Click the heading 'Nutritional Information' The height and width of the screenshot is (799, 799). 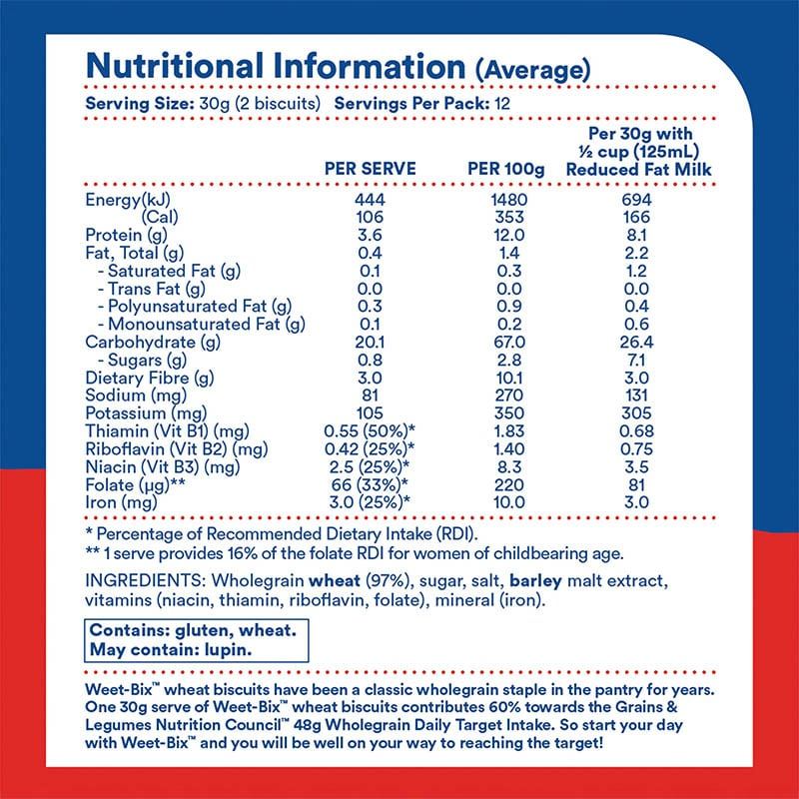pyautogui.click(x=276, y=66)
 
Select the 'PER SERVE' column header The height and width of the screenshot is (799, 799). pyautogui.click(x=370, y=169)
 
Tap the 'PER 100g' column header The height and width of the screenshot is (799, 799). pyautogui.click(x=506, y=169)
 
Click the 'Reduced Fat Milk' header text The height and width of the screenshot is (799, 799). pyautogui.click(x=638, y=169)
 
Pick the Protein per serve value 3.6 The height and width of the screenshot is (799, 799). pyautogui.click(x=370, y=235)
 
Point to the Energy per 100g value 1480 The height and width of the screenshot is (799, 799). pyautogui.click(x=509, y=199)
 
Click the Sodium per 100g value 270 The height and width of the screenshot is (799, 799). pyautogui.click(x=509, y=395)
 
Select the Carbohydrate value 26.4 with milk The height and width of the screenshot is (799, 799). pyautogui.click(x=636, y=342)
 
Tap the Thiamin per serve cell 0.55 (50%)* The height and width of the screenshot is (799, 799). pyautogui.click(x=370, y=431)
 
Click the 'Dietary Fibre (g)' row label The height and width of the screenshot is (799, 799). pyautogui.click(x=149, y=379)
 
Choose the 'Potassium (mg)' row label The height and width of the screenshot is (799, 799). pyautogui.click(x=146, y=413)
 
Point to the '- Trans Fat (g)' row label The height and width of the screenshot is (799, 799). pyautogui.click(x=152, y=289)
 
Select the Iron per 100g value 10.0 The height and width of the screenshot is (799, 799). pyautogui.click(x=509, y=502)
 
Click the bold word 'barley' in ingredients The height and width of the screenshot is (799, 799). pyautogui.click(x=535, y=581)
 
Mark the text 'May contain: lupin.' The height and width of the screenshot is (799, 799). pyautogui.click(x=171, y=650)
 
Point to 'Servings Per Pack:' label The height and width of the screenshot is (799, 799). pyautogui.click(x=412, y=104)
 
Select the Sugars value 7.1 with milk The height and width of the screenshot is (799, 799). pyautogui.click(x=636, y=361)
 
